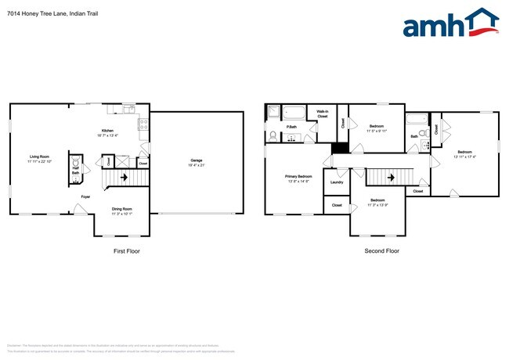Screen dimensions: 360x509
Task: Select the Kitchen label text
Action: click(106, 131)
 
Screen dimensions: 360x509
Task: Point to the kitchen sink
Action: click(143, 139)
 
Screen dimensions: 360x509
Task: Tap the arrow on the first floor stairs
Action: click(124, 178)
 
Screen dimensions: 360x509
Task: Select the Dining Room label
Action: click(121, 208)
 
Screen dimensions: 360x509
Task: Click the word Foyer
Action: click(85, 196)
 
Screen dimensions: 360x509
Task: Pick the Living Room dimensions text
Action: click(39, 161)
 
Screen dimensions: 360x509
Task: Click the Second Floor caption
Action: click(381, 251)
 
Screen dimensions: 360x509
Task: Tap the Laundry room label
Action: click(337, 182)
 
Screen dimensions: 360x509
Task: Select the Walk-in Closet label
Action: click(322, 113)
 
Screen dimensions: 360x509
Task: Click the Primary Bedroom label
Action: click(298, 177)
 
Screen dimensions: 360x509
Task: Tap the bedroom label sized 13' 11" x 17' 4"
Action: click(465, 154)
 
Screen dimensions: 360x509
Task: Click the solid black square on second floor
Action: click(339, 148)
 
